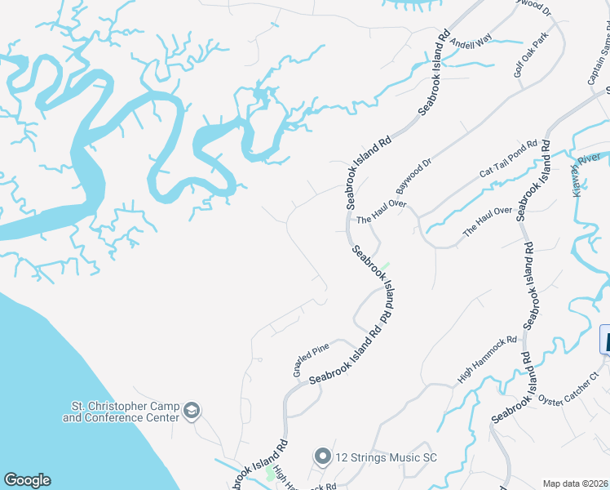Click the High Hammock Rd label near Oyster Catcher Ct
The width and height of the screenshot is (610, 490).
(x=488, y=360)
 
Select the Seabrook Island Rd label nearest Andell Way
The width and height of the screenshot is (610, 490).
(x=435, y=73)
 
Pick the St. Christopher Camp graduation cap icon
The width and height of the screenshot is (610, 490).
(x=192, y=411)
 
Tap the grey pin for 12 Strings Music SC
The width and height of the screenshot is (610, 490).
(x=322, y=457)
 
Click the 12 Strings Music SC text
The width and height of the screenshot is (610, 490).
(x=386, y=457)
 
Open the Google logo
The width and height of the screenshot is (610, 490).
(x=27, y=480)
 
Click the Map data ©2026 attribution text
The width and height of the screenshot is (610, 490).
(x=575, y=483)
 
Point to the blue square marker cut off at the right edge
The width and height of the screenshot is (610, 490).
(x=605, y=339)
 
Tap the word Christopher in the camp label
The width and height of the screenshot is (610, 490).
(x=130, y=406)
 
